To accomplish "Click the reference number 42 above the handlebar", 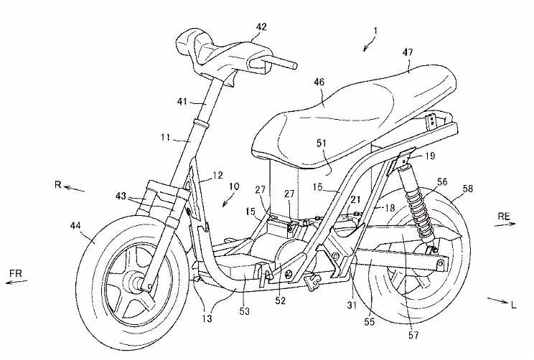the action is [x=261, y=27].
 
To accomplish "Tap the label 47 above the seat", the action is [x=408, y=52].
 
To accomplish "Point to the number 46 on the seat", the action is [x=319, y=82].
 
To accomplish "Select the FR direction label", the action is [x=16, y=273].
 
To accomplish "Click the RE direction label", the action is [x=504, y=216].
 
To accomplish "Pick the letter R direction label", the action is [x=58, y=184].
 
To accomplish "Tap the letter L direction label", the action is [x=514, y=305].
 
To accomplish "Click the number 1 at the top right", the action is [x=375, y=31].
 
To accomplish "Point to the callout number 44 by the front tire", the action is [x=76, y=225].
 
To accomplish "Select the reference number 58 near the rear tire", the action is [x=467, y=188].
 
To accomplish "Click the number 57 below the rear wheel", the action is [x=413, y=335].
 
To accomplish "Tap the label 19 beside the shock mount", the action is [x=430, y=156].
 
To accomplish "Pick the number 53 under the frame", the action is [x=245, y=311].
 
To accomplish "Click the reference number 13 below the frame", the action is [x=207, y=318].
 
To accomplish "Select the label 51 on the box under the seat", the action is [x=322, y=143].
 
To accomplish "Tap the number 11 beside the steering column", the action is [x=166, y=138].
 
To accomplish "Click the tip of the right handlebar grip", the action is [x=296, y=66].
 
